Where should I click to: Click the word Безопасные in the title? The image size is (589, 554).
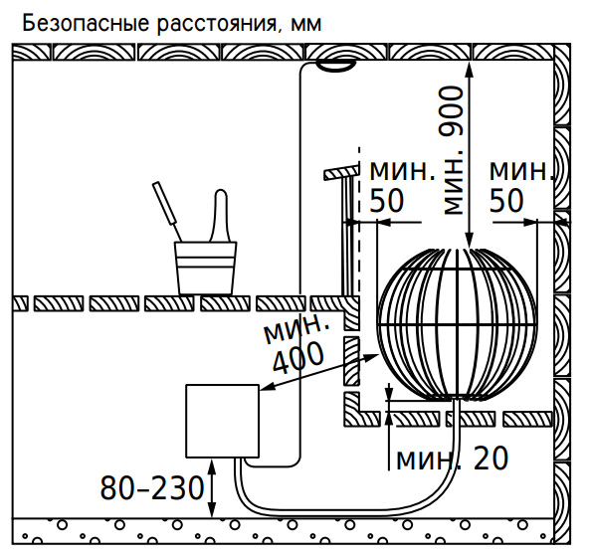[86, 24]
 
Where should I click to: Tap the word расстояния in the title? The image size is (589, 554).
[219, 25]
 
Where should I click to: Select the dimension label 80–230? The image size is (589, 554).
[152, 488]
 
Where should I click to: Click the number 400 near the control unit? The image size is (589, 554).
[297, 358]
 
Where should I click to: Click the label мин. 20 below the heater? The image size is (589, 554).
[453, 459]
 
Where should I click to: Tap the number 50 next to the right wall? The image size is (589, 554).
[506, 201]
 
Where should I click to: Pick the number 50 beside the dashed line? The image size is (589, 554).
[387, 201]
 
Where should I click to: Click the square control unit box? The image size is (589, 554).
[223, 421]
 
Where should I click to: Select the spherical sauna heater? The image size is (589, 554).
[457, 324]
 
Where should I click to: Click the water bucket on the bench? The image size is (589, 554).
[206, 268]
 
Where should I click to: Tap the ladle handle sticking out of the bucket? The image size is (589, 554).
[167, 211]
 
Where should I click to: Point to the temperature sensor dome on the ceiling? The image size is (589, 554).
[335, 66]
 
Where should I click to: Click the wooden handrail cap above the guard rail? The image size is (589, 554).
[341, 172]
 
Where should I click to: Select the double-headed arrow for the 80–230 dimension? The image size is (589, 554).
[212, 488]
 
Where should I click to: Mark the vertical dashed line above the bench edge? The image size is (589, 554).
[359, 222]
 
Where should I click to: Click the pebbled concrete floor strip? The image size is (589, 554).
[283, 531]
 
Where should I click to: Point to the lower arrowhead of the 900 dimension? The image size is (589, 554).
[470, 240]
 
